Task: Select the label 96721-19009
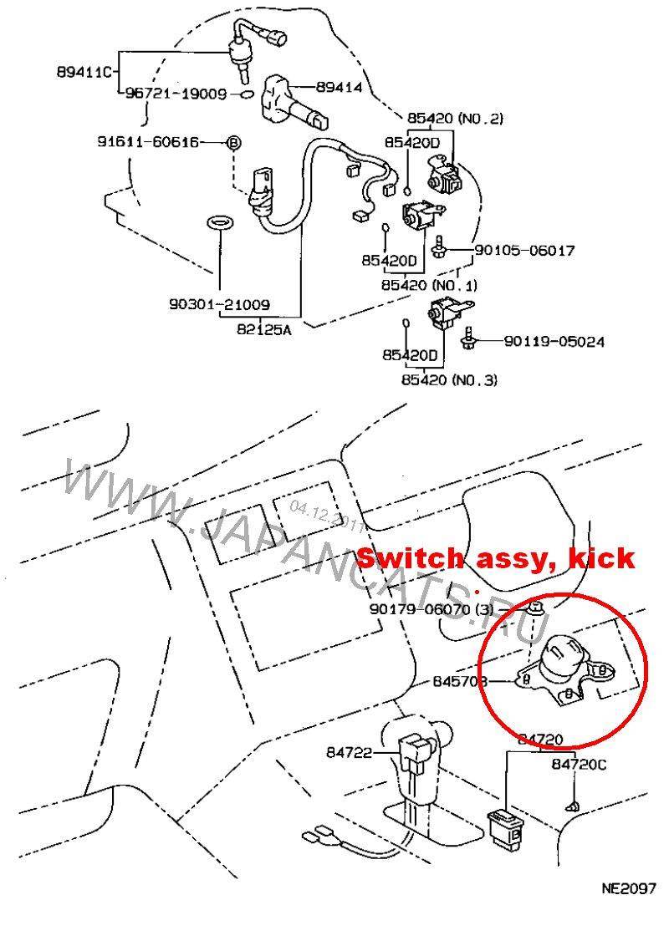[x=176, y=94]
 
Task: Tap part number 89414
[x=339, y=86]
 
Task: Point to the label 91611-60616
[x=159, y=143]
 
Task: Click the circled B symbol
[x=234, y=143]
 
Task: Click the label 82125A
[x=264, y=329]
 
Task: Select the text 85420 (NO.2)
[x=455, y=118]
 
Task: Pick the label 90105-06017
[x=524, y=250]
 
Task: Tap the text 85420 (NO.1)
[x=429, y=285]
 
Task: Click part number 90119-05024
[x=554, y=341]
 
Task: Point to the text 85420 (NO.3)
[x=449, y=380]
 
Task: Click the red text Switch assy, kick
[x=496, y=559]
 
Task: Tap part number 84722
[x=349, y=753]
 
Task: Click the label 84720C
[x=579, y=764]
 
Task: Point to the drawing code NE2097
[x=628, y=888]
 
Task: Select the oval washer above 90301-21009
[x=219, y=223]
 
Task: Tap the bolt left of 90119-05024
[x=472, y=336]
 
